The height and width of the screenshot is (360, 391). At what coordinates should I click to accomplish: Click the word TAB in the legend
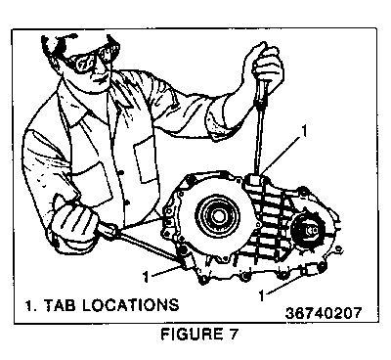pos(60,305)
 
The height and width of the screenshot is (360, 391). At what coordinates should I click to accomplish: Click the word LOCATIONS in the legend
pos(129,305)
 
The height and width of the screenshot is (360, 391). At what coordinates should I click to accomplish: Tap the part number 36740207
pos(323,313)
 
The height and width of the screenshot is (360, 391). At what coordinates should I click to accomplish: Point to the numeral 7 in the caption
pos(233,335)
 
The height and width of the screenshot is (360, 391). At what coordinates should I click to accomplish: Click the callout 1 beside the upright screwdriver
pos(304,131)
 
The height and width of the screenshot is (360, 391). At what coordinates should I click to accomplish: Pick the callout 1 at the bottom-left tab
pos(146,277)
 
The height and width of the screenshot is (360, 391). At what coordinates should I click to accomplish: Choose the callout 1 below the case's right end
pos(261,295)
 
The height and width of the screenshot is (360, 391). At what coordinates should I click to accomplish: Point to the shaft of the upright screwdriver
pos(260,140)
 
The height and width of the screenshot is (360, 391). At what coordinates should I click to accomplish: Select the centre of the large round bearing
pos(217,216)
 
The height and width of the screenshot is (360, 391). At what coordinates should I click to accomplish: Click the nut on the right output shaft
pos(310,230)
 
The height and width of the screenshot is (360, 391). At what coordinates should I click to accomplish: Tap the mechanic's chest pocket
pos(148,158)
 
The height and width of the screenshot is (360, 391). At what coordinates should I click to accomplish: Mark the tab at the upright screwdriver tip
pos(255,180)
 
